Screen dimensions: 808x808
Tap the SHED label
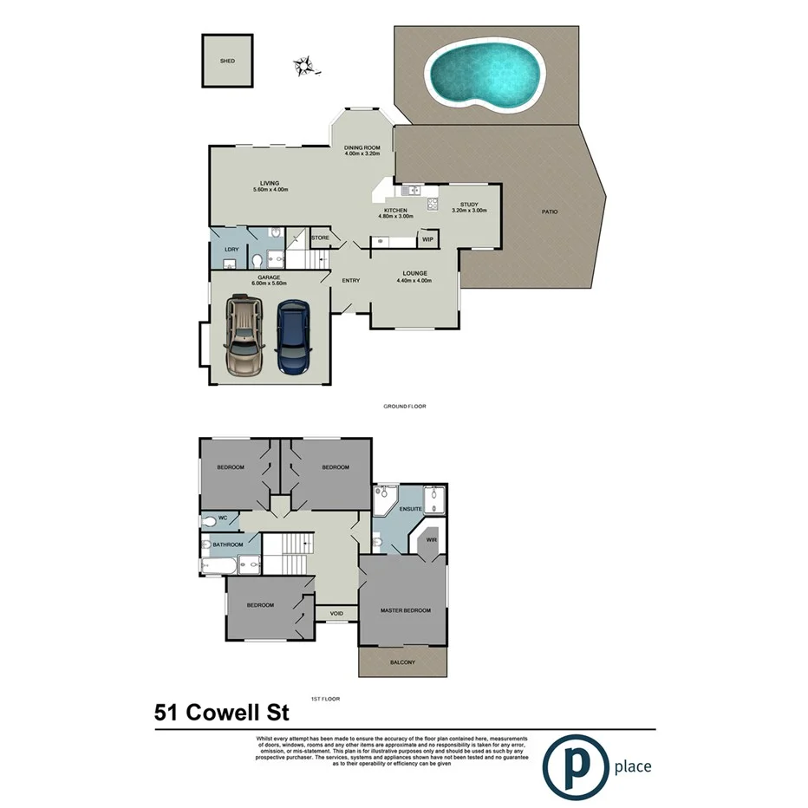coord(227,62)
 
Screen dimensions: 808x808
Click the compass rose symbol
coord(303,64)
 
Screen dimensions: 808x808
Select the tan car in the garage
coord(244,336)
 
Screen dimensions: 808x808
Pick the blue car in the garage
coord(292,336)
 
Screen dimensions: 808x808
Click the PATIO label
coord(550,212)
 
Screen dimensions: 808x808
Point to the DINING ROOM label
coord(362,148)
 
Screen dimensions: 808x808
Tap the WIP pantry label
coord(427,239)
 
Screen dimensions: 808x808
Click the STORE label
coord(320,237)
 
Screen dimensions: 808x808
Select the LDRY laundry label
coord(231,250)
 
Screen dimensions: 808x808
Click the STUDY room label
coord(469,205)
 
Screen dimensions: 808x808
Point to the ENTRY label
coord(351,280)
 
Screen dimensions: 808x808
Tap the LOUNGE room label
coord(414,273)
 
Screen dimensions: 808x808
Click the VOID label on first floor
coord(336,614)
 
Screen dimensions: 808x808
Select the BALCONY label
coord(402,662)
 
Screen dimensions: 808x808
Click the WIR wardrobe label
coord(431,540)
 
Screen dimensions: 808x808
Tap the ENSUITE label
coord(410,509)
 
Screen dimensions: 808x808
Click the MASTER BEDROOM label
coord(405,610)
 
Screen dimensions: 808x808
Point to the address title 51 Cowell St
coord(221,713)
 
